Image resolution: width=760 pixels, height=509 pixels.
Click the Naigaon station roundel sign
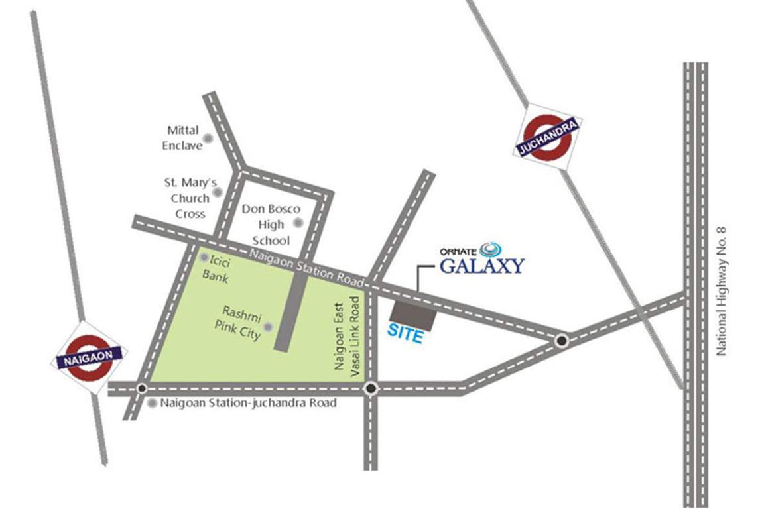(90, 358)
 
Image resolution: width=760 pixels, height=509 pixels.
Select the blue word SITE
(405, 335)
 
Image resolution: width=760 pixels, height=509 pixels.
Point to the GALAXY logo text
(483, 266)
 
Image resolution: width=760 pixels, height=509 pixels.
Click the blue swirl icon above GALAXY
(491, 249)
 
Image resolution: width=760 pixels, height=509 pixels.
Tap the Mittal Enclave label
(182, 138)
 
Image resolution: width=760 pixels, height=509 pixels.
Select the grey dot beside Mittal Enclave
(208, 138)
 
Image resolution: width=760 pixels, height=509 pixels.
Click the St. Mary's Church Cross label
(190, 198)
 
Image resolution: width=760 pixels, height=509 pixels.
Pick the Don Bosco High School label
(271, 225)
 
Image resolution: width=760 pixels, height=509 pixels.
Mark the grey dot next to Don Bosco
(298, 223)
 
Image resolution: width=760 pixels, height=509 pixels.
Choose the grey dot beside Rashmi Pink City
(268, 326)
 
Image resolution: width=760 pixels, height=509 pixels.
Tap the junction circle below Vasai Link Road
(371, 388)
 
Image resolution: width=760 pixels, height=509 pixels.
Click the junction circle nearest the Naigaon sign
(141, 388)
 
